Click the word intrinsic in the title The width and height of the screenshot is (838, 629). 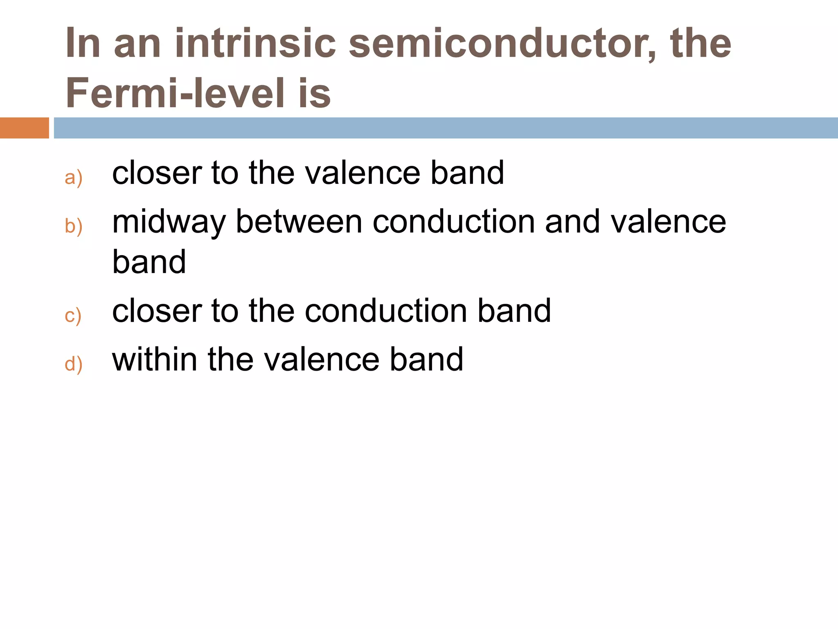pyautogui.click(x=255, y=43)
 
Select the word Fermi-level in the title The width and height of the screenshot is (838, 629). pyautogui.click(x=175, y=93)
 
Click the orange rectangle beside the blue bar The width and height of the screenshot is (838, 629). pyautogui.click(x=24, y=128)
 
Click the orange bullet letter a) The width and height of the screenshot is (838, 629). pyautogui.click(x=74, y=178)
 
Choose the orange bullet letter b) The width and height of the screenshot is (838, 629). pyautogui.click(x=74, y=226)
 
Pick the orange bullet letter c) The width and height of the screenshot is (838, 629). pyautogui.click(x=73, y=315)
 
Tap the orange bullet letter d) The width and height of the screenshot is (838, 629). pyautogui.click(x=74, y=364)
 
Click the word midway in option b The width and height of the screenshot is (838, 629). pyautogui.click(x=169, y=223)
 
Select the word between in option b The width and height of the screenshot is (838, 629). pyautogui.click(x=299, y=222)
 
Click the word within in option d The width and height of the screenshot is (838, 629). pyautogui.click(x=154, y=360)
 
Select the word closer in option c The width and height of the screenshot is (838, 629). pyautogui.click(x=157, y=311)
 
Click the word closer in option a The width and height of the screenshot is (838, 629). pyautogui.click(x=157, y=173)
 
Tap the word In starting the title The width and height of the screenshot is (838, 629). pyautogui.click(x=83, y=43)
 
